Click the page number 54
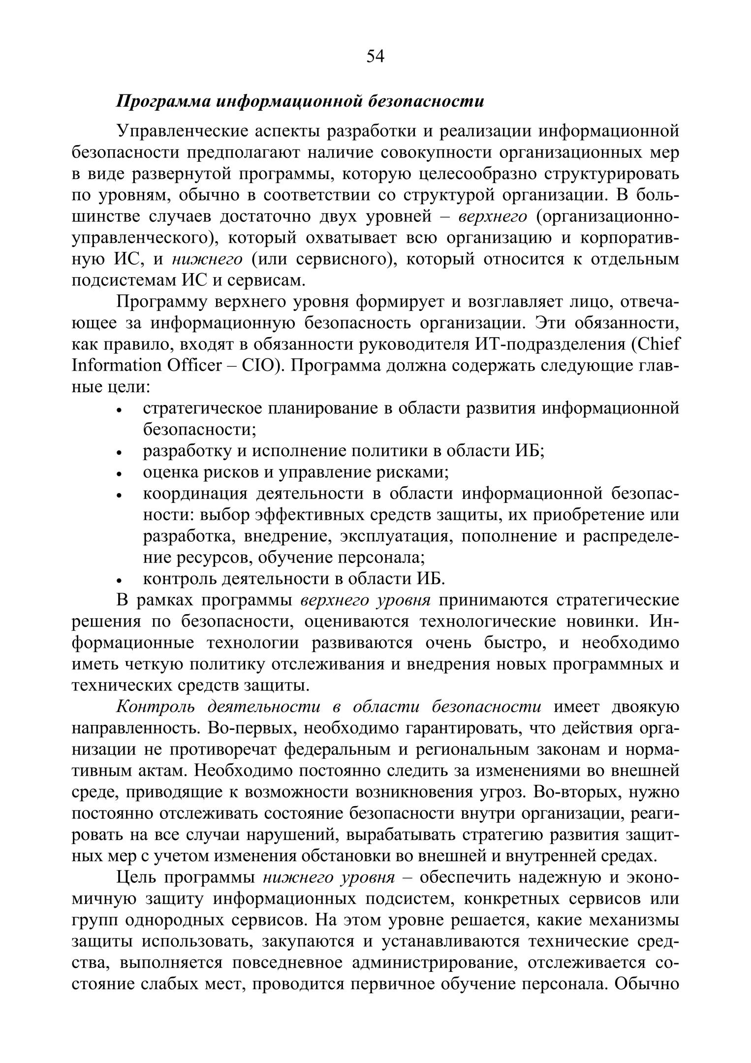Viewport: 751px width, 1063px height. (375, 57)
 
